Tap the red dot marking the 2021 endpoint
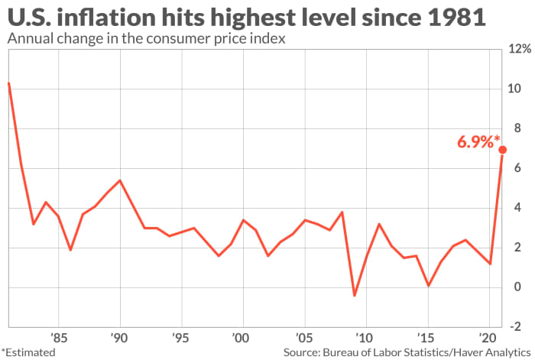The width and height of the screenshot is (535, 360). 502,150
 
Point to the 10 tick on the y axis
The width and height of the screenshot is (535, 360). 514,89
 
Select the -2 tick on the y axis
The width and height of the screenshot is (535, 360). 516,327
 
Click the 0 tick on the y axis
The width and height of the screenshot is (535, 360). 513,287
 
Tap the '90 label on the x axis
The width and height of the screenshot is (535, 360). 118,336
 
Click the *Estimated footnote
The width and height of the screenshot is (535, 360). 28,352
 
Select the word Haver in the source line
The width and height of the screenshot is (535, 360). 457,352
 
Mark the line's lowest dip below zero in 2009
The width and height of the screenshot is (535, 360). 354,295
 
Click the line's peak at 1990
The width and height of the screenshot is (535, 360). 119,180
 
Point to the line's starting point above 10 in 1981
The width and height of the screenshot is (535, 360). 8,83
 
